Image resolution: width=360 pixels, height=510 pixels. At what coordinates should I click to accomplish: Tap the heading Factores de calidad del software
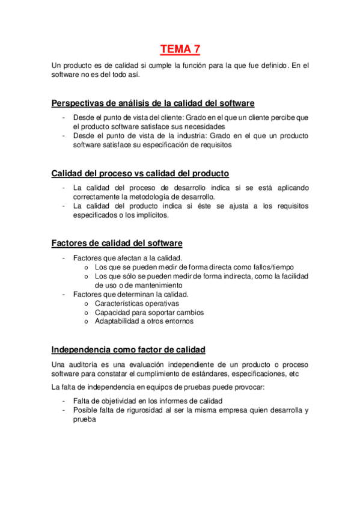[117, 243]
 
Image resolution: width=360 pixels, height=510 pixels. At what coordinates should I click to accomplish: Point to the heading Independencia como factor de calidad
[128, 349]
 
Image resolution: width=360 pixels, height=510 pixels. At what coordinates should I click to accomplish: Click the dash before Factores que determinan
[63, 294]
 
